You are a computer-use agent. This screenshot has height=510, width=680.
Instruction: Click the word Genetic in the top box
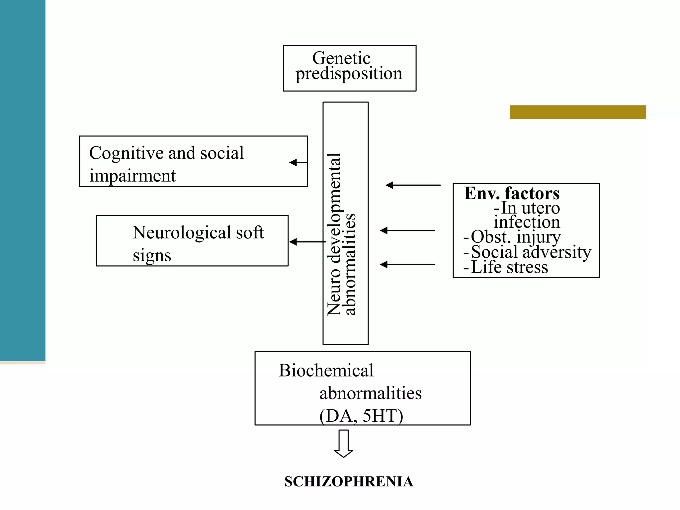tap(341, 58)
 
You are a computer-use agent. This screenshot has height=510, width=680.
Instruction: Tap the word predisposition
tap(349, 74)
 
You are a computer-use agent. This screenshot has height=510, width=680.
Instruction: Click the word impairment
tap(132, 176)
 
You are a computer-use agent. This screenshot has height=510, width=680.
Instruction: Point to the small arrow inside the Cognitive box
tap(297, 162)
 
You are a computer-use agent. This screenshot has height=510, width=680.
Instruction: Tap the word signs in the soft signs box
tap(152, 255)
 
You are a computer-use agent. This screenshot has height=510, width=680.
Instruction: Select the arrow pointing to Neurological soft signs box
tap(307, 242)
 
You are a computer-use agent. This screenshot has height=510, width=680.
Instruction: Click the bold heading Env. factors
tap(511, 193)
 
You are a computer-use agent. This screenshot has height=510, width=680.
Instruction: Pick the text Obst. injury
tap(515, 237)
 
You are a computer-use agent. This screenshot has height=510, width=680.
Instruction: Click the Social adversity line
tap(531, 252)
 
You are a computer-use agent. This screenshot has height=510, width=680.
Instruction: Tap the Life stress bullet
tap(509, 267)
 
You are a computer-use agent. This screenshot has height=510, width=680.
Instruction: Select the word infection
tap(527, 222)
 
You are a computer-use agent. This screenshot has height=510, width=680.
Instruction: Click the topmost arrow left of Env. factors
tap(413, 185)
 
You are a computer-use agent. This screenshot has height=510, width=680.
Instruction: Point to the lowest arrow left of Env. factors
tap(407, 264)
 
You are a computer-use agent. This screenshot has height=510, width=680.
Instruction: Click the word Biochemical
tap(326, 371)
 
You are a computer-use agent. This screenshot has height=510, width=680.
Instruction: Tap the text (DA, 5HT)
tap(361, 416)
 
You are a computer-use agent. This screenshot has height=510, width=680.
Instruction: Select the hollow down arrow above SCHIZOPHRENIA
tap(343, 444)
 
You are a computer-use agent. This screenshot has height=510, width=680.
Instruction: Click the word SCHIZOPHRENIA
tap(349, 482)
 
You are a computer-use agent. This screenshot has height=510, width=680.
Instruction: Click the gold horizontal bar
tap(578, 112)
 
